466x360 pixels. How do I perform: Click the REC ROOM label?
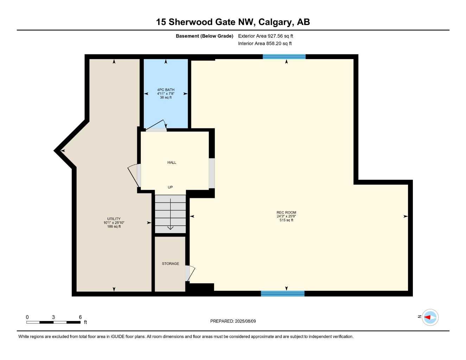pyautogui.click(x=286, y=212)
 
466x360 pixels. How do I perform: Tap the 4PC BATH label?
pyautogui.click(x=166, y=90)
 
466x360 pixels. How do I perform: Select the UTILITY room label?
pyautogui.click(x=114, y=219)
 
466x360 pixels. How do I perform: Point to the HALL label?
pyautogui.click(x=172, y=162)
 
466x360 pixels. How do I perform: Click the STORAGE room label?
pyautogui.click(x=170, y=264)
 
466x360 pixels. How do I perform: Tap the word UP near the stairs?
pyautogui.click(x=170, y=187)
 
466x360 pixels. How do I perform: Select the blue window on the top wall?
pyautogui.click(x=284, y=57)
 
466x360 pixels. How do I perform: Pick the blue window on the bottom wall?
pyautogui.click(x=282, y=294)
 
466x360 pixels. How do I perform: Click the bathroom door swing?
pyautogui.click(x=157, y=125)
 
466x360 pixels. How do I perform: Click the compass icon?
pyautogui.click(x=430, y=317)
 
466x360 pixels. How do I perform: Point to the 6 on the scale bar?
pyautogui.click(x=80, y=317)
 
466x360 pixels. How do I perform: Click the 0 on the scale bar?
pyautogui.click(x=27, y=317)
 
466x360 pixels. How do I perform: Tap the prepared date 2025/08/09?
pyautogui.click(x=245, y=321)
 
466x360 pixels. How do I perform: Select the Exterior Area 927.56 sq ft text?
pyautogui.click(x=266, y=36)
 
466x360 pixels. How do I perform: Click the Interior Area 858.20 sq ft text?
pyautogui.click(x=265, y=44)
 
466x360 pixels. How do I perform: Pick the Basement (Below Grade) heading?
pyautogui.click(x=204, y=36)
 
